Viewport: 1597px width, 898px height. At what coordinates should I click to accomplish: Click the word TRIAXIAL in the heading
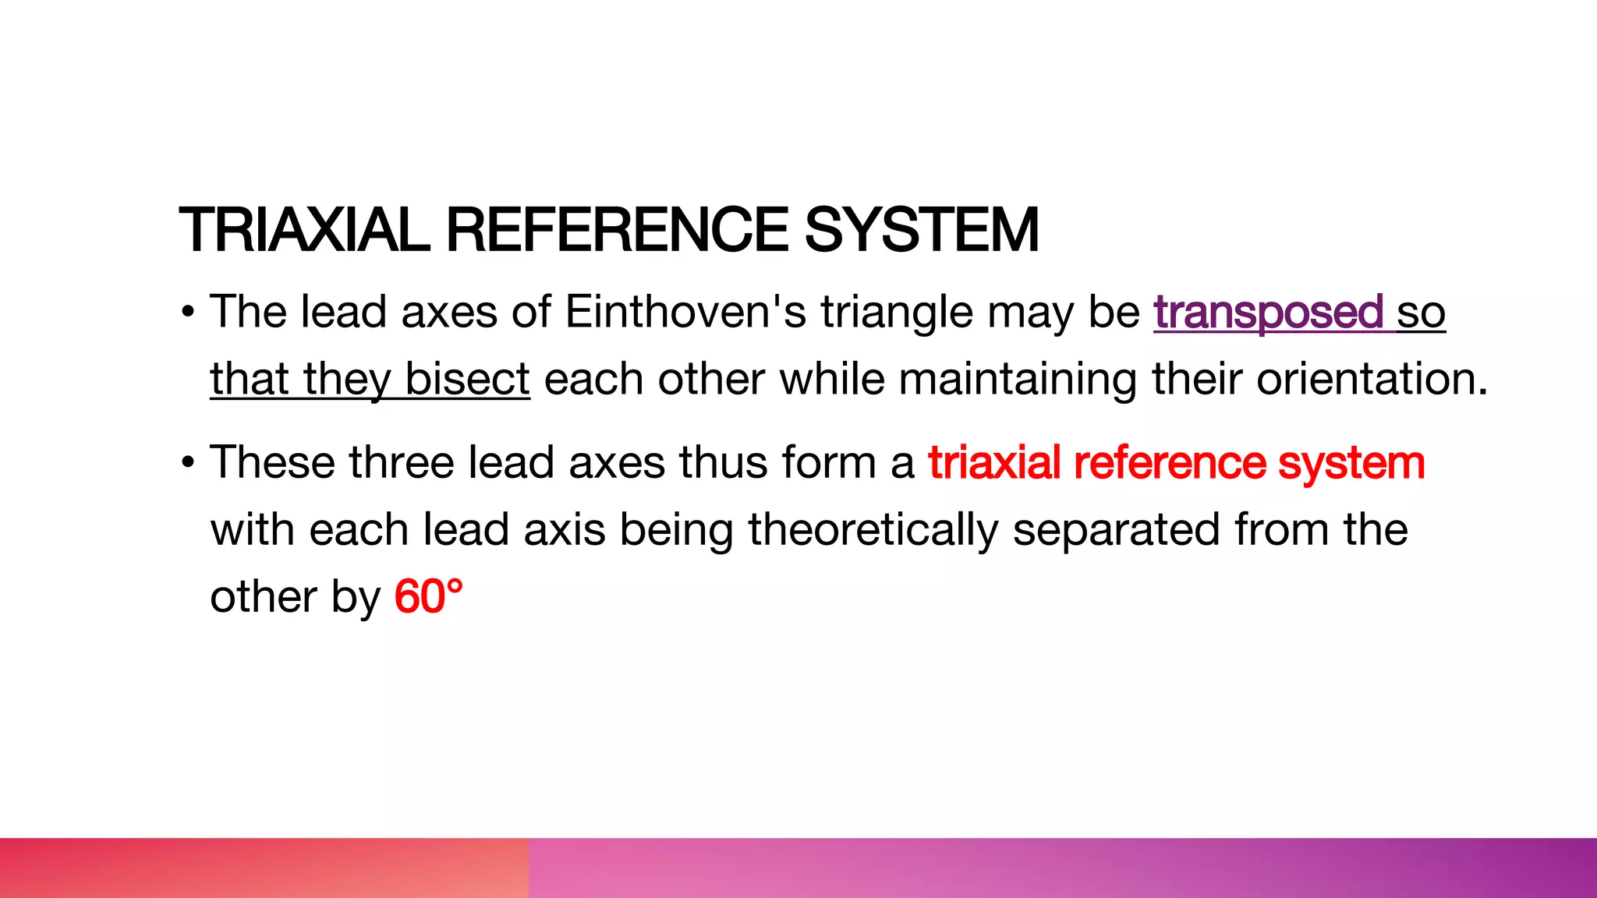[x=304, y=231]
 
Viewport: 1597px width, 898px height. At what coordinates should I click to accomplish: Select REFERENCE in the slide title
[x=617, y=231]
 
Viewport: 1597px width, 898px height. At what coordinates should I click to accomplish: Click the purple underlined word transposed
[x=1268, y=313]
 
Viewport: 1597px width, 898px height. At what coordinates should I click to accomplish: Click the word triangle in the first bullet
[x=896, y=313]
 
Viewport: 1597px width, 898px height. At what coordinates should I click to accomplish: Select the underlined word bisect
[x=467, y=380]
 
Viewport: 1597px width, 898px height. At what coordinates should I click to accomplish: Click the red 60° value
[x=428, y=598]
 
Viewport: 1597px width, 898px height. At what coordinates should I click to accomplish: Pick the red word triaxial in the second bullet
[x=994, y=463]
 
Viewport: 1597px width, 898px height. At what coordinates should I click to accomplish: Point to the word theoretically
[x=873, y=530]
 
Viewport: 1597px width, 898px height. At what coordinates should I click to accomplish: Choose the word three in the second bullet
[x=401, y=463]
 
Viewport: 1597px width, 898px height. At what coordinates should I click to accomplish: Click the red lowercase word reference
[x=1170, y=463]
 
